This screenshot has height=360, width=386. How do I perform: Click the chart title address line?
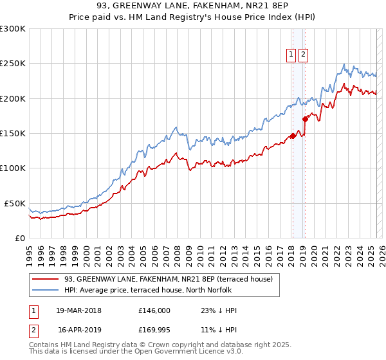(x=193, y=6)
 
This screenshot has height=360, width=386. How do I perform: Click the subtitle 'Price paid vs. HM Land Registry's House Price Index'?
(x=193, y=17)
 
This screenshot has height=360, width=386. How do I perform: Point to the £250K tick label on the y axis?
(x=13, y=64)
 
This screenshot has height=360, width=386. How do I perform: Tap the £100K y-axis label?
(x=13, y=168)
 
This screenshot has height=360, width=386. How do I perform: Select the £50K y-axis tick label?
(x=15, y=203)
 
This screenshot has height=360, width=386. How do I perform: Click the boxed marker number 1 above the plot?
(x=291, y=55)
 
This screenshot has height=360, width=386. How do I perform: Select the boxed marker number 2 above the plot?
(x=303, y=55)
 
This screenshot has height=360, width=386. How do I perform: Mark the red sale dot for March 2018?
(x=292, y=136)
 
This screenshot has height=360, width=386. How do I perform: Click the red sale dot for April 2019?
(x=305, y=119)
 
